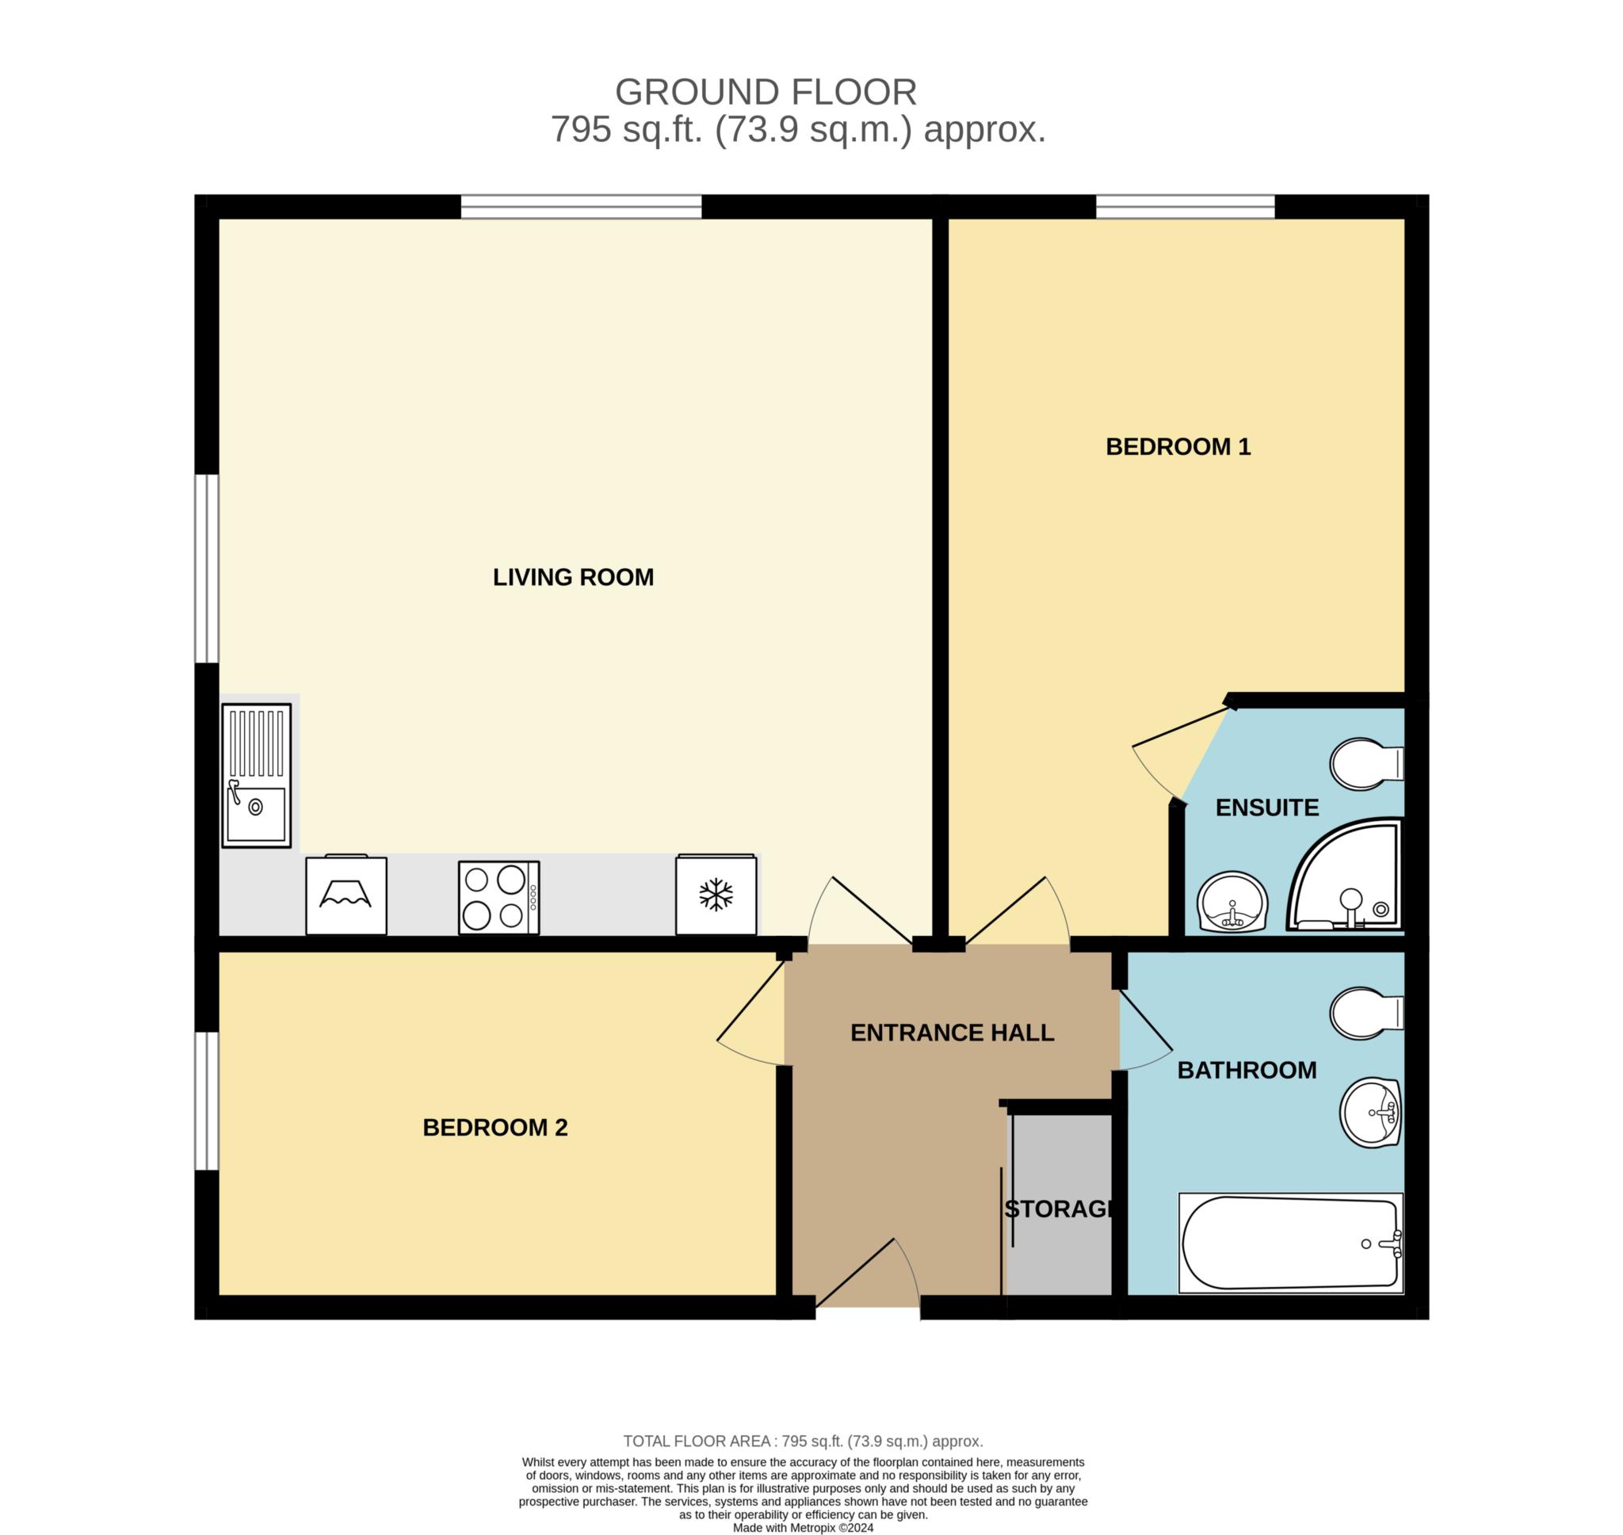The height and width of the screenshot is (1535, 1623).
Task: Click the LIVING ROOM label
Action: pyautogui.click(x=573, y=578)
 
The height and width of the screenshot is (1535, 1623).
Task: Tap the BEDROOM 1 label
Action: pyautogui.click(x=1178, y=447)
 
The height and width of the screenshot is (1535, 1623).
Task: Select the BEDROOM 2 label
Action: pyautogui.click(x=495, y=1128)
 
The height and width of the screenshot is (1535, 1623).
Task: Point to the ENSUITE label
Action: pyautogui.click(x=1267, y=808)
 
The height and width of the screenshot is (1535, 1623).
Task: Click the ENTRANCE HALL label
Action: pyautogui.click(x=953, y=1033)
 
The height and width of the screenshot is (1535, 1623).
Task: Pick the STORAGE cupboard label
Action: pyautogui.click(x=1059, y=1209)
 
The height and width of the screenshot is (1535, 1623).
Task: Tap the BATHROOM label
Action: pyautogui.click(x=1247, y=1071)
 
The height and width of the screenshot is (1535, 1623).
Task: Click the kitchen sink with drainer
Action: pyautogui.click(x=256, y=775)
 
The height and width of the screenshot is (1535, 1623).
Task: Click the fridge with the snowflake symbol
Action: pyautogui.click(x=716, y=895)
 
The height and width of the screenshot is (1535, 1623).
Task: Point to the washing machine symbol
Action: pyautogui.click(x=346, y=895)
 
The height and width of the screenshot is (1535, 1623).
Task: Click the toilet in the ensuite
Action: pyautogui.click(x=1366, y=764)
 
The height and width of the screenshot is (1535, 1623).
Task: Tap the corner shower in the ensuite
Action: pyautogui.click(x=1346, y=874)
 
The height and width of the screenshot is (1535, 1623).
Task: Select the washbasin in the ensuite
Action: pyautogui.click(x=1232, y=902)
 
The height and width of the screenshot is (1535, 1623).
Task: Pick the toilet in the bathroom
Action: pyautogui.click(x=1366, y=1013)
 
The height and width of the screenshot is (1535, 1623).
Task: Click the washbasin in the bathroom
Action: pyautogui.click(x=1371, y=1113)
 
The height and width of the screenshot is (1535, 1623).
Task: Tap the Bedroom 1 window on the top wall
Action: pyautogui.click(x=1186, y=206)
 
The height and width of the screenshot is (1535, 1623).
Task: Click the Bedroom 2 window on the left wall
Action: pyautogui.click(x=206, y=1101)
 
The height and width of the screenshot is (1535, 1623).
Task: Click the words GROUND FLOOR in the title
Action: pyautogui.click(x=766, y=93)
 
